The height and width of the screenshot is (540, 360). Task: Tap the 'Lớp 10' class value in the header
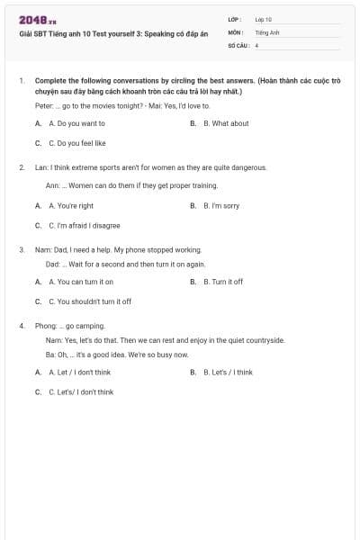(x=264, y=19)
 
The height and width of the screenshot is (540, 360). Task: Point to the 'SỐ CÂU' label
(x=238, y=44)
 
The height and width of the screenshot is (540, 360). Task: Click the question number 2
(x=22, y=167)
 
